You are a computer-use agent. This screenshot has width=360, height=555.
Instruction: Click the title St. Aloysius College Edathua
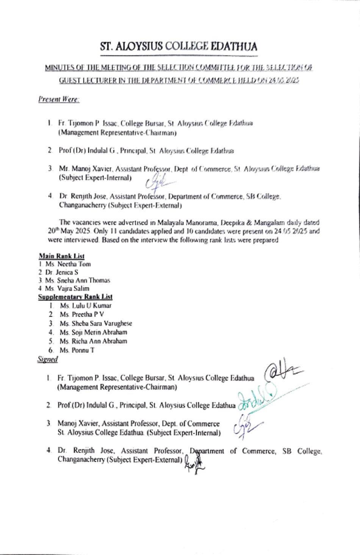click(178, 47)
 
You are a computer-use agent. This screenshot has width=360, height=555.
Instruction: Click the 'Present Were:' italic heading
click(59, 99)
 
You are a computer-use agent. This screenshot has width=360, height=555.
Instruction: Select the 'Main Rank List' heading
click(61, 256)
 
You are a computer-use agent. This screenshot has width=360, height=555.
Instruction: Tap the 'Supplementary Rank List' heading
click(75, 297)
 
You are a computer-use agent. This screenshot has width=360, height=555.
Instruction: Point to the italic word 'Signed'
click(47, 359)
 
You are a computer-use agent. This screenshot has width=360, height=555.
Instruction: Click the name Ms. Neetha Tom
click(68, 264)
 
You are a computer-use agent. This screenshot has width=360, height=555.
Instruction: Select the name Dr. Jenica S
click(62, 272)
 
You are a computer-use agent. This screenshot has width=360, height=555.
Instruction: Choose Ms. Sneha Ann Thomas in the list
click(78, 281)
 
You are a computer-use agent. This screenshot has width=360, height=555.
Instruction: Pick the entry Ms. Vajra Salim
click(67, 288)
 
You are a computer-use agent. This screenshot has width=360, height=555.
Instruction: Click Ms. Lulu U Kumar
click(86, 306)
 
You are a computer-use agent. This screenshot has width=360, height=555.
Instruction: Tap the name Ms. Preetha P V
click(81, 314)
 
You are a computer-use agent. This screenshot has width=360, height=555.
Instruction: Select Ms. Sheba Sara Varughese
click(96, 323)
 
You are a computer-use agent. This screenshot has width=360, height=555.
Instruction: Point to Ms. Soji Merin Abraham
click(93, 332)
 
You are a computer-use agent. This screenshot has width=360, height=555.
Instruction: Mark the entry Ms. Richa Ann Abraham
click(93, 341)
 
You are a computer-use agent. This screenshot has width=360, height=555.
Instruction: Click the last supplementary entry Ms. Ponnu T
click(77, 350)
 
